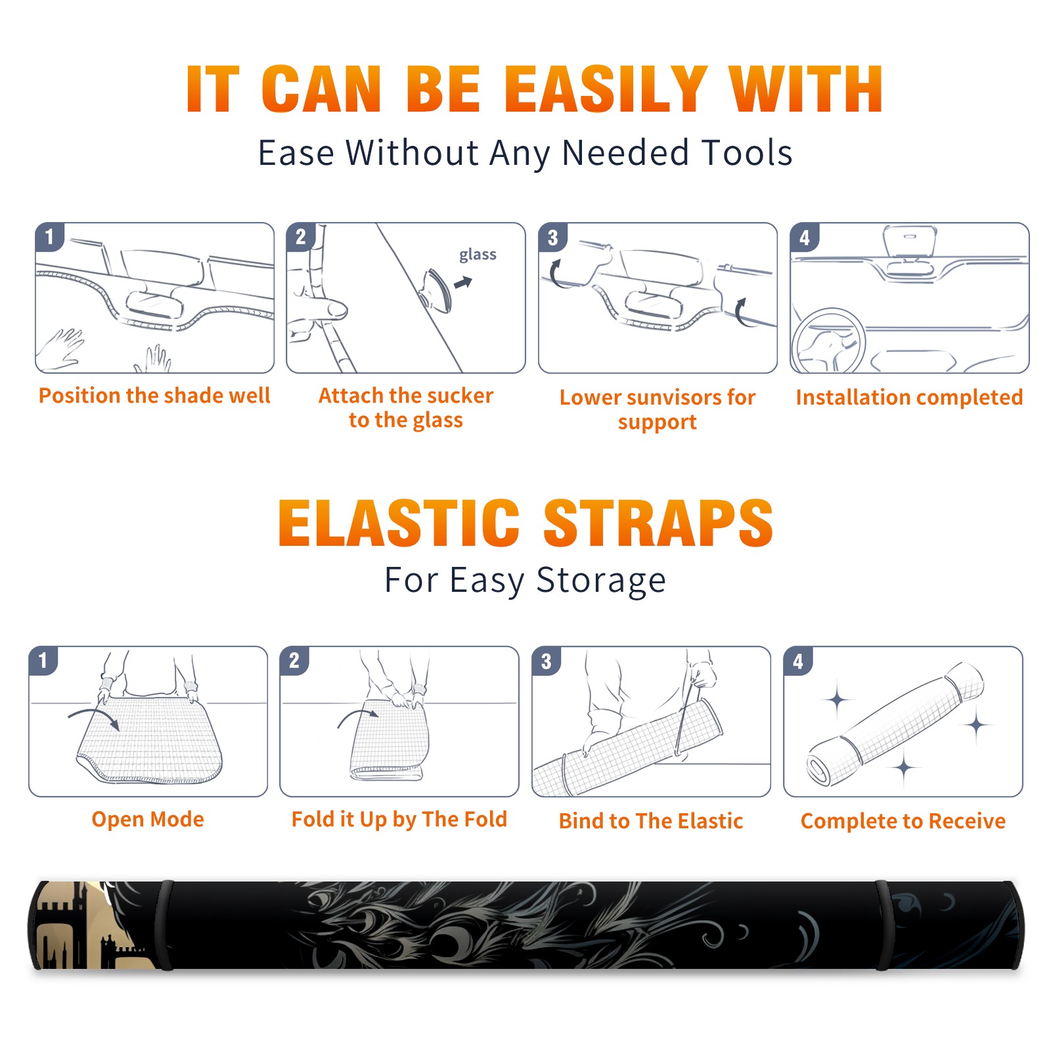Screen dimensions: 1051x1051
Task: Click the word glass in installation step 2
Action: [x=478, y=255]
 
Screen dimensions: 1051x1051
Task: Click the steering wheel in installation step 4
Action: [x=828, y=341]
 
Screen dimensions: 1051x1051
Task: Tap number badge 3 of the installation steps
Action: [x=552, y=237]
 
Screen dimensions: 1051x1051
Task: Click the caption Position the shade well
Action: [x=154, y=395]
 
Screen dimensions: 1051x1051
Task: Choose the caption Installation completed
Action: [x=909, y=397]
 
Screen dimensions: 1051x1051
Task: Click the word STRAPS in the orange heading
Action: [x=658, y=523]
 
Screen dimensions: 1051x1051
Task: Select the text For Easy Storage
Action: [x=525, y=581]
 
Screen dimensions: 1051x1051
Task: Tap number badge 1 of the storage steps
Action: [x=43, y=660]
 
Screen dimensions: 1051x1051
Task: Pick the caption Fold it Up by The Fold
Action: [x=399, y=820]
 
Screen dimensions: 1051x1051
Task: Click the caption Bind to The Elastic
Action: [x=651, y=821]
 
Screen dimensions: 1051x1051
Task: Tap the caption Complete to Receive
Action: [x=903, y=821]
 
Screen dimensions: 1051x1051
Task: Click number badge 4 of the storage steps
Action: [x=798, y=661]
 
